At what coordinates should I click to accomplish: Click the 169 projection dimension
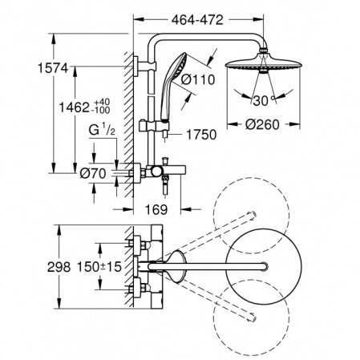[x=156, y=209]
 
